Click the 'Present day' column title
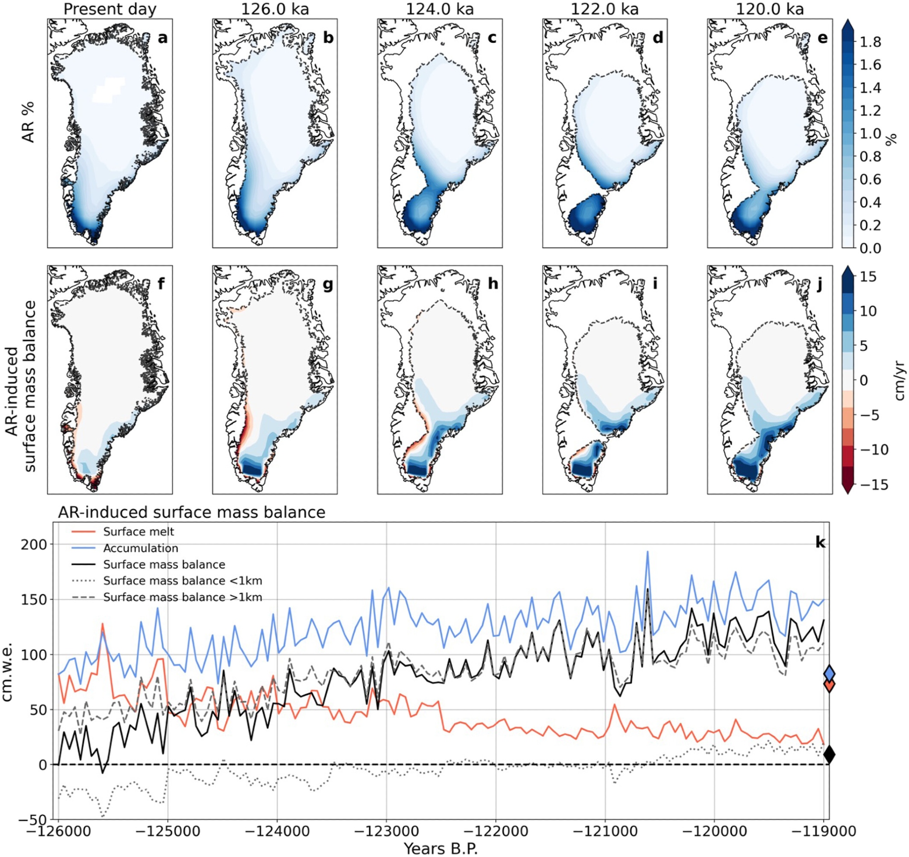(110, 9)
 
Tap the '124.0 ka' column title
(440, 9)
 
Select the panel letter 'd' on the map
(657, 38)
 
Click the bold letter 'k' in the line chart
(820, 542)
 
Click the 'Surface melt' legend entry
(139, 532)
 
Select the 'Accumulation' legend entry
(140, 548)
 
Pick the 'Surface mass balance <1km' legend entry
(182, 581)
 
